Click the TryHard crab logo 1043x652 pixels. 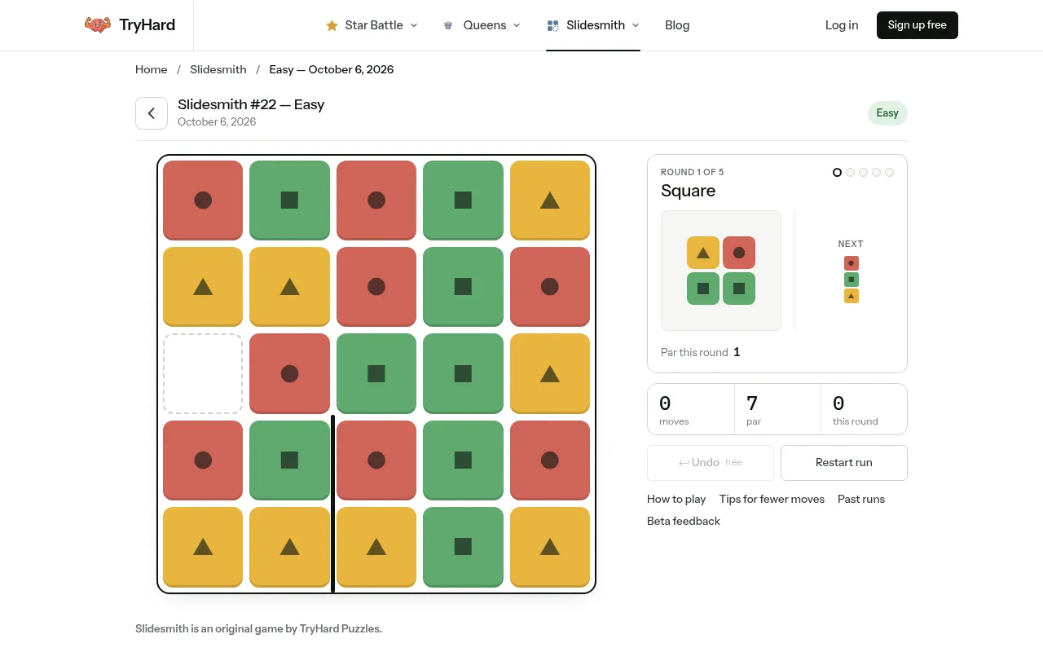[98, 24]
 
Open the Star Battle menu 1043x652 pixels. [372, 25]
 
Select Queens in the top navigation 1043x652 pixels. [482, 25]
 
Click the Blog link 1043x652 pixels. [677, 25]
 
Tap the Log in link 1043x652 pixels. [842, 25]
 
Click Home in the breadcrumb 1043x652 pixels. [151, 69]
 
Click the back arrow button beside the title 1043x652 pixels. [152, 113]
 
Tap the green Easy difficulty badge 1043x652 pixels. [887, 113]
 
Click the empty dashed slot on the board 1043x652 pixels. [203, 373]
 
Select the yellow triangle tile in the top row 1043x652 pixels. [549, 200]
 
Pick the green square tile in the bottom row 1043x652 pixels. [463, 547]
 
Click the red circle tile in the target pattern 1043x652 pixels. [738, 253]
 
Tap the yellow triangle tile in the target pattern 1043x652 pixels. [702, 253]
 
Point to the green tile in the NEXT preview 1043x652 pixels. [852, 280]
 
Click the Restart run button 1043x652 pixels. [843, 462]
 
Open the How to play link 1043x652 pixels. [676, 499]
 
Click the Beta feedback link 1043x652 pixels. [683, 521]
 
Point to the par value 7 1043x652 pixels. [752, 403]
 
